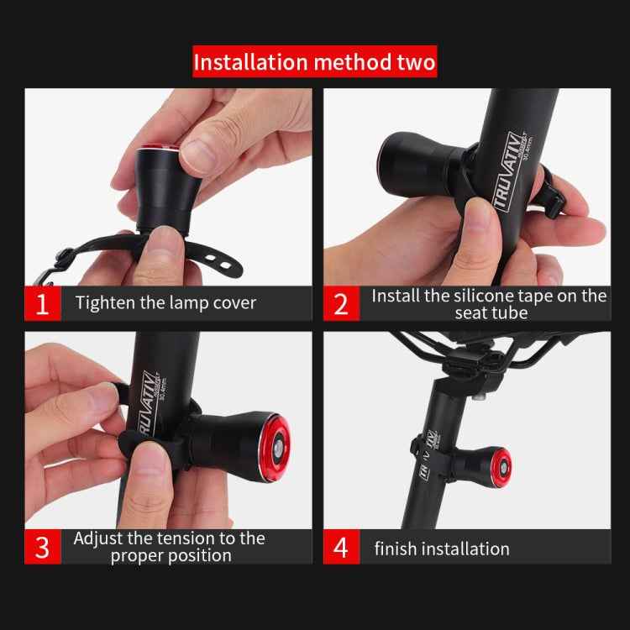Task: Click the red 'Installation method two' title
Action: [x=315, y=63]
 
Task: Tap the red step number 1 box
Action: [x=42, y=303]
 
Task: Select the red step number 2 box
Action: [x=341, y=303]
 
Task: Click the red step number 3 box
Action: [x=42, y=546]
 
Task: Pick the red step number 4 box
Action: [x=341, y=548]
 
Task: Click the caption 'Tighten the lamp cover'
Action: [x=165, y=303]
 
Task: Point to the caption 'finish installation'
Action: [x=442, y=549]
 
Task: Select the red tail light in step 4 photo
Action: [x=501, y=464]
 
